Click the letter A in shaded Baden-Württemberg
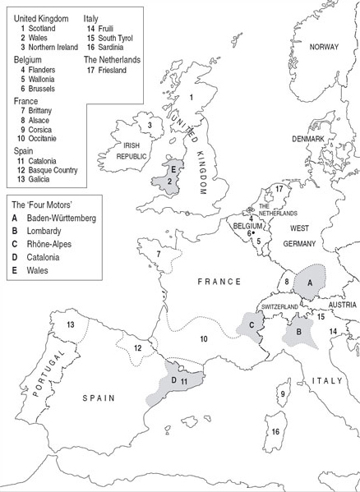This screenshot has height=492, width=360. click(309, 281)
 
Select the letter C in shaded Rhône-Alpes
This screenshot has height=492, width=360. click(251, 324)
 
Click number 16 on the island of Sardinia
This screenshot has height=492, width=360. click(276, 431)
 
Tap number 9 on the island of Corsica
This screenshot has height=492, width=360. click(282, 394)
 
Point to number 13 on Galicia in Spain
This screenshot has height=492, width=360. click(71, 325)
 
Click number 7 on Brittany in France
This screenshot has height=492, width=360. click(158, 254)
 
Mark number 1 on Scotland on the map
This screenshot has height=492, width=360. click(191, 98)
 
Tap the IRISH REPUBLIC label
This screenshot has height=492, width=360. click(131, 159)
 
